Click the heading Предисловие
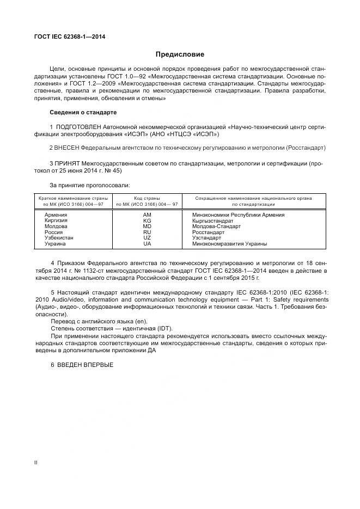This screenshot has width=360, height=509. (180, 54)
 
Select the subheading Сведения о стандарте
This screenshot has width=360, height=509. (83, 113)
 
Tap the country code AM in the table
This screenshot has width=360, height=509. (147, 215)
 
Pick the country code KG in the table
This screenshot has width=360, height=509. (147, 221)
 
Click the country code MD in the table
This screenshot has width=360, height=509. (147, 226)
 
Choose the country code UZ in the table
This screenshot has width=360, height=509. (147, 238)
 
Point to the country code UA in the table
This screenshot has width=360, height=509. (147, 244)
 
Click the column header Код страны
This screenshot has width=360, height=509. (147, 199)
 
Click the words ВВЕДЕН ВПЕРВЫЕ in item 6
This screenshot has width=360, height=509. (86, 364)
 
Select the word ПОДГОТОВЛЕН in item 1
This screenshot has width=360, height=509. (78, 127)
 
